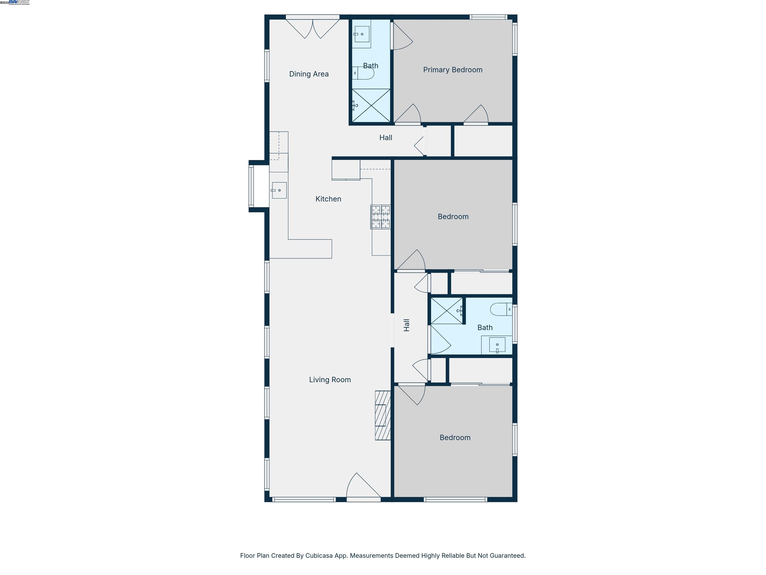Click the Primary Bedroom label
(452, 70)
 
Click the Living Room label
(330, 380)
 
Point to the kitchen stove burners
(380, 217)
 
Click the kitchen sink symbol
(279, 190)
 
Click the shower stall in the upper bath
(371, 105)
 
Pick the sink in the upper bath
(362, 34)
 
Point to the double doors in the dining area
(312, 28)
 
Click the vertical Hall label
(406, 325)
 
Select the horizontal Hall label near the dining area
(385, 138)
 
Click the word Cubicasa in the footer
(319, 556)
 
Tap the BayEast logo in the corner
(19, 2)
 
